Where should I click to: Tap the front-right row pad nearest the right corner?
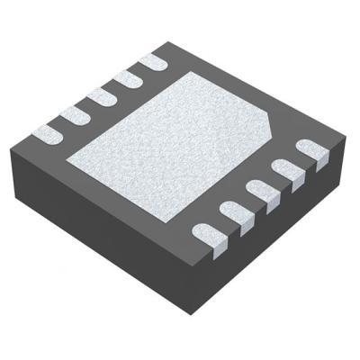307,148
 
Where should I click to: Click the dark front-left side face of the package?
108,225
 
